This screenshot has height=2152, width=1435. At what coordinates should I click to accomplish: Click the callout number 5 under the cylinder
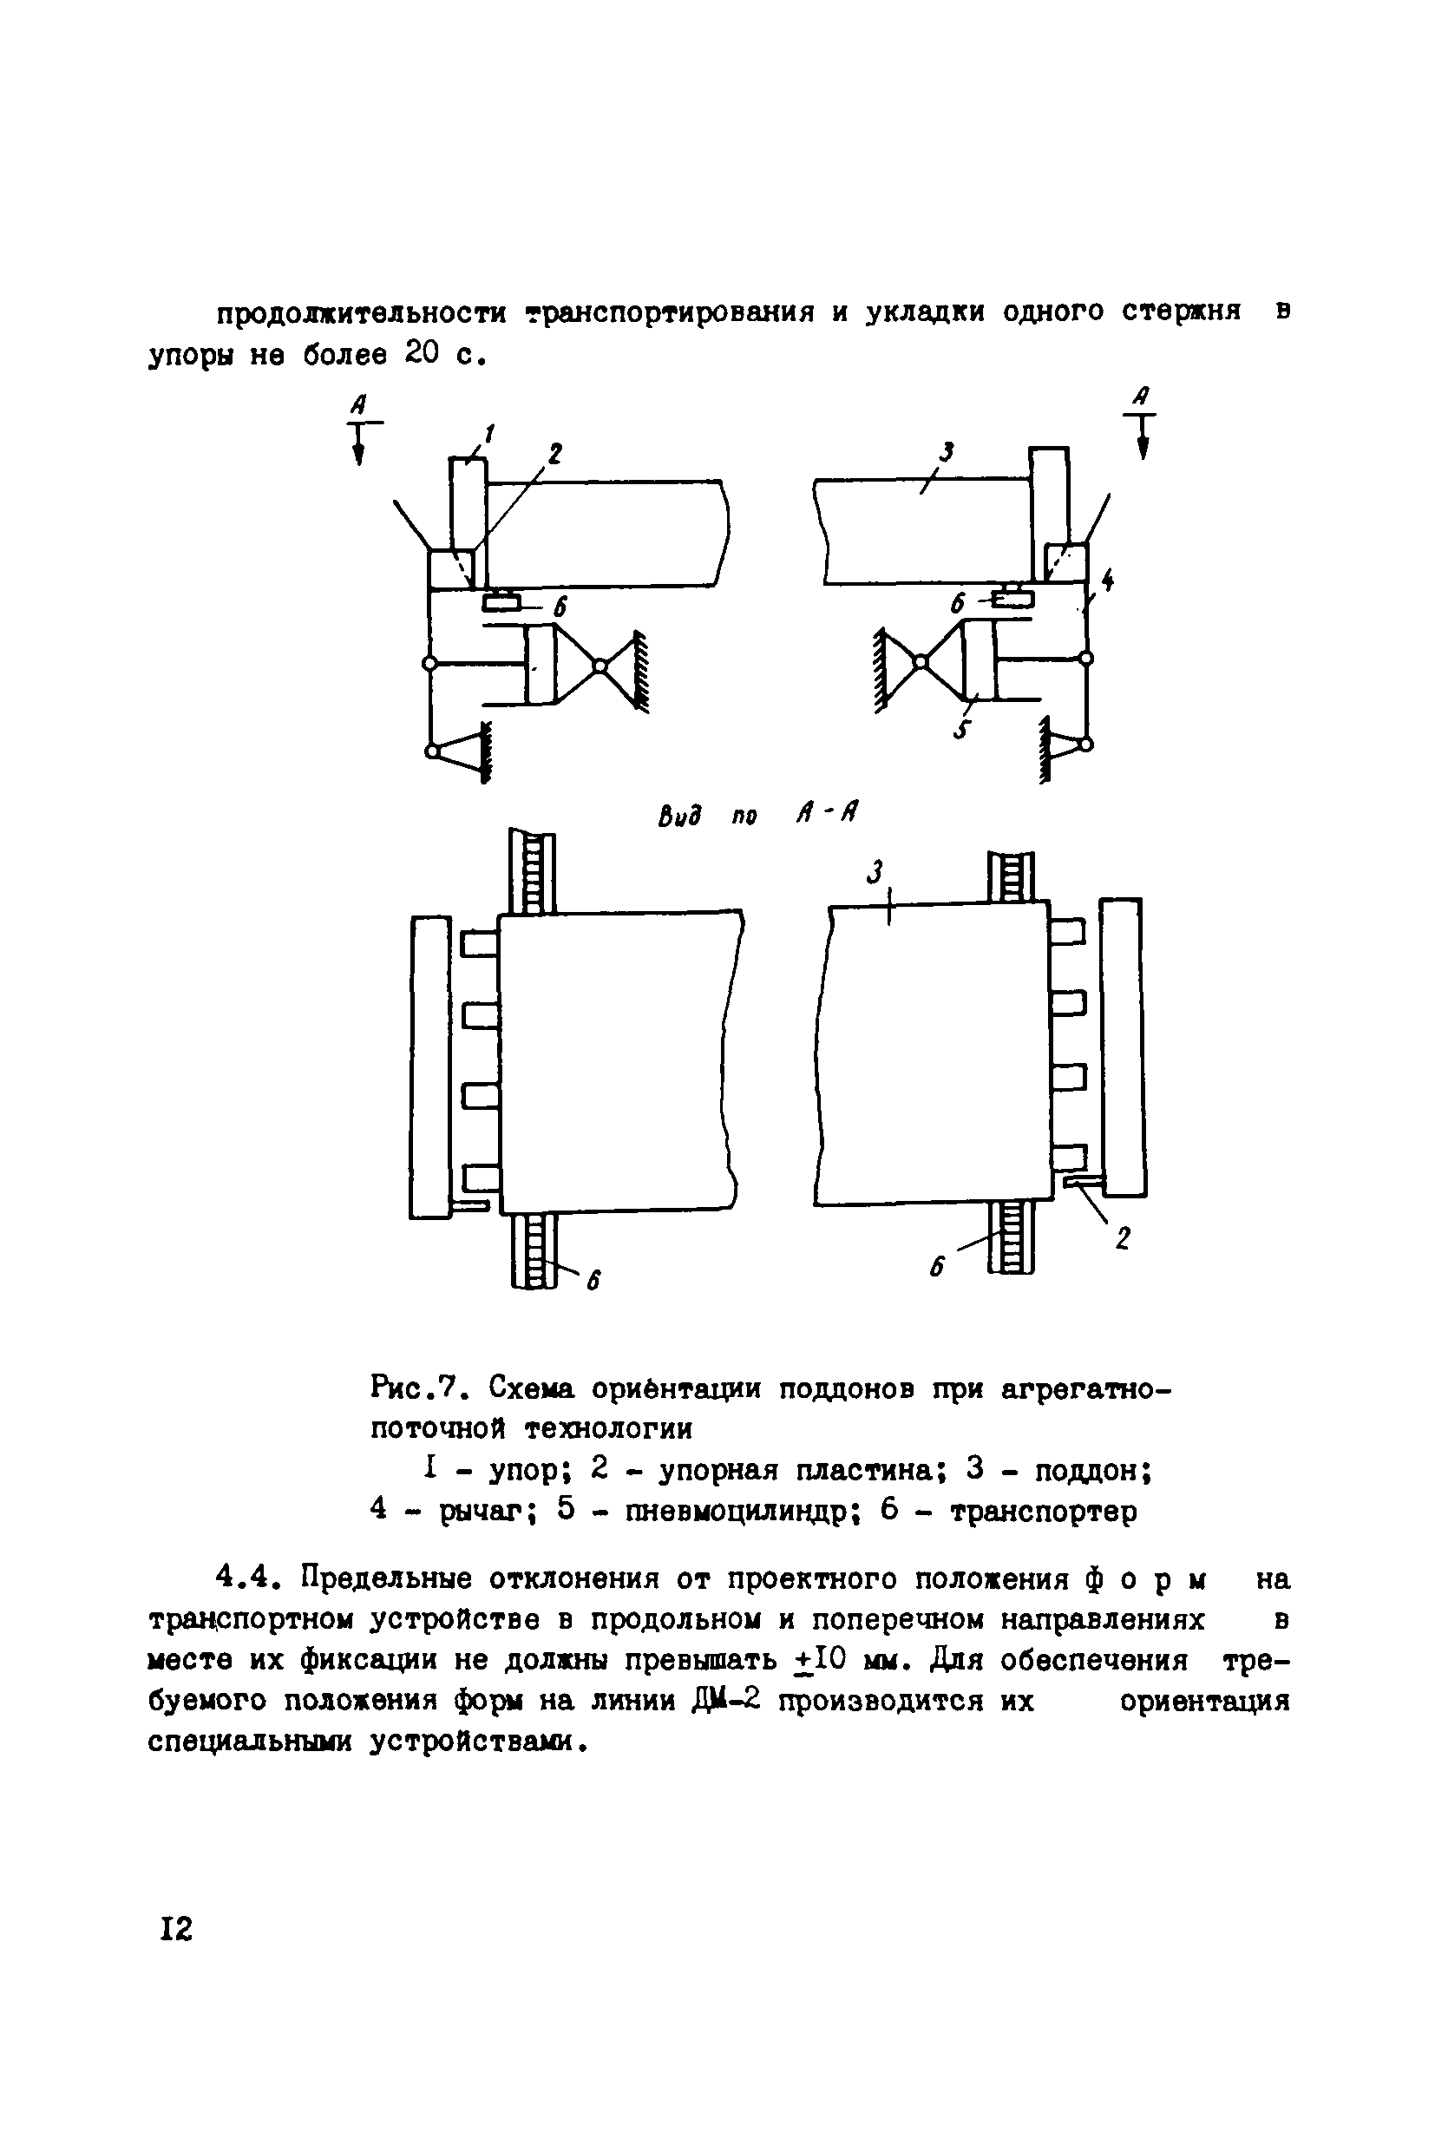click(958, 730)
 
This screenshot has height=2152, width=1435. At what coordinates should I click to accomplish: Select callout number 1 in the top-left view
click(488, 433)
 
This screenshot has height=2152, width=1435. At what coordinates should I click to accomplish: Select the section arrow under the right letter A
click(1142, 436)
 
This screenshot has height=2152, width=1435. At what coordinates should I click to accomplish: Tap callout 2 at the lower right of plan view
click(1123, 1238)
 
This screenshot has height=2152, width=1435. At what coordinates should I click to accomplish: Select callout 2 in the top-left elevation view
click(554, 452)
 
